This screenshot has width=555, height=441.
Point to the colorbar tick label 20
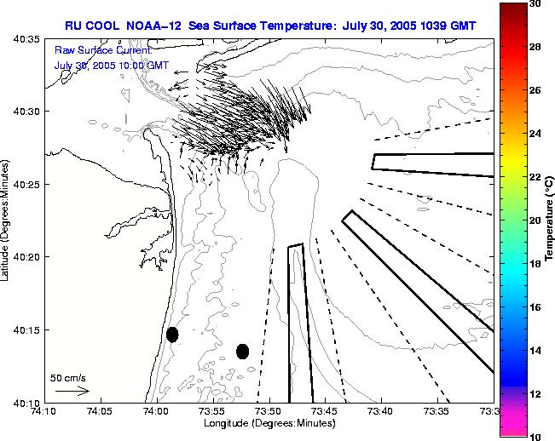[x=533, y=220]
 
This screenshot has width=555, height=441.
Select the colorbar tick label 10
[x=533, y=436]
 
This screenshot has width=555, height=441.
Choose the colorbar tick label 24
[x=533, y=134]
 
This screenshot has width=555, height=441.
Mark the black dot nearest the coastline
[x=172, y=334]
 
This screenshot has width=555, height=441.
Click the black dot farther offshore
[x=242, y=351]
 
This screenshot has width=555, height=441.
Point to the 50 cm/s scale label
[x=68, y=377]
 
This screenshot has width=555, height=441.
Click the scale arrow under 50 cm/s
[x=72, y=391]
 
